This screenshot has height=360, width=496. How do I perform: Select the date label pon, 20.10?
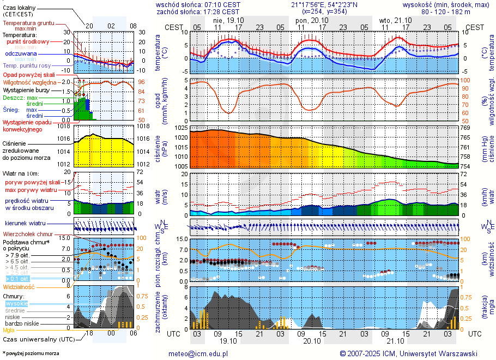tap(309, 20)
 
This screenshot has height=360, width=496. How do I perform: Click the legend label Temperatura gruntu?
tap(28, 23)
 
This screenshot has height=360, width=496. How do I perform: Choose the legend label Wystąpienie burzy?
tap(26, 89)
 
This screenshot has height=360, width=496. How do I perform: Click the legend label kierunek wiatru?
tap(26, 224)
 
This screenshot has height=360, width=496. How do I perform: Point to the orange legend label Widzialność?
tap(19, 286)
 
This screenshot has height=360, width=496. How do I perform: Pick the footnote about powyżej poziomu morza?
tap(31, 353)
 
